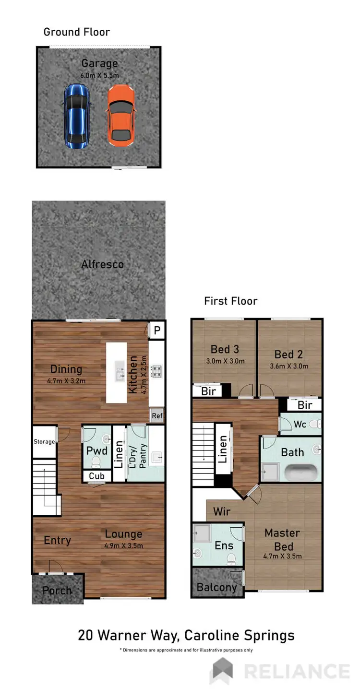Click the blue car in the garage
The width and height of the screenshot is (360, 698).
[76, 116]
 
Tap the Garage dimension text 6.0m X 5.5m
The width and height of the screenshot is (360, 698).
[99, 75]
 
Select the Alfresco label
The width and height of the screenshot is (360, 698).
[102, 264]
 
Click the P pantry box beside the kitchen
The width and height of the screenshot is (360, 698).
[156, 330]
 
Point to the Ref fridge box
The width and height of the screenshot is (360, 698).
[156, 416]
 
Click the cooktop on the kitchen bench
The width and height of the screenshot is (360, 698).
[156, 370]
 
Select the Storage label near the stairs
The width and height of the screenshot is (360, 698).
[44, 441]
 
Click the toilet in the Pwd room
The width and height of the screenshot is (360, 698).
[96, 462]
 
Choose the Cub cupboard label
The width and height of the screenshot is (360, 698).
[96, 476]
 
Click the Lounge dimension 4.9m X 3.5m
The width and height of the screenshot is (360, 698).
[124, 545]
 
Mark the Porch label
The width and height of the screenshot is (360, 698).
[57, 591]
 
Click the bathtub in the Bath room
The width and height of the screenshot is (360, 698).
[301, 473]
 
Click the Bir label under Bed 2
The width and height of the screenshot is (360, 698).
[305, 405]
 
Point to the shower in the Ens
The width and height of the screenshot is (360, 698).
[201, 533]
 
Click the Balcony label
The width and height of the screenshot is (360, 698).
[217, 587]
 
